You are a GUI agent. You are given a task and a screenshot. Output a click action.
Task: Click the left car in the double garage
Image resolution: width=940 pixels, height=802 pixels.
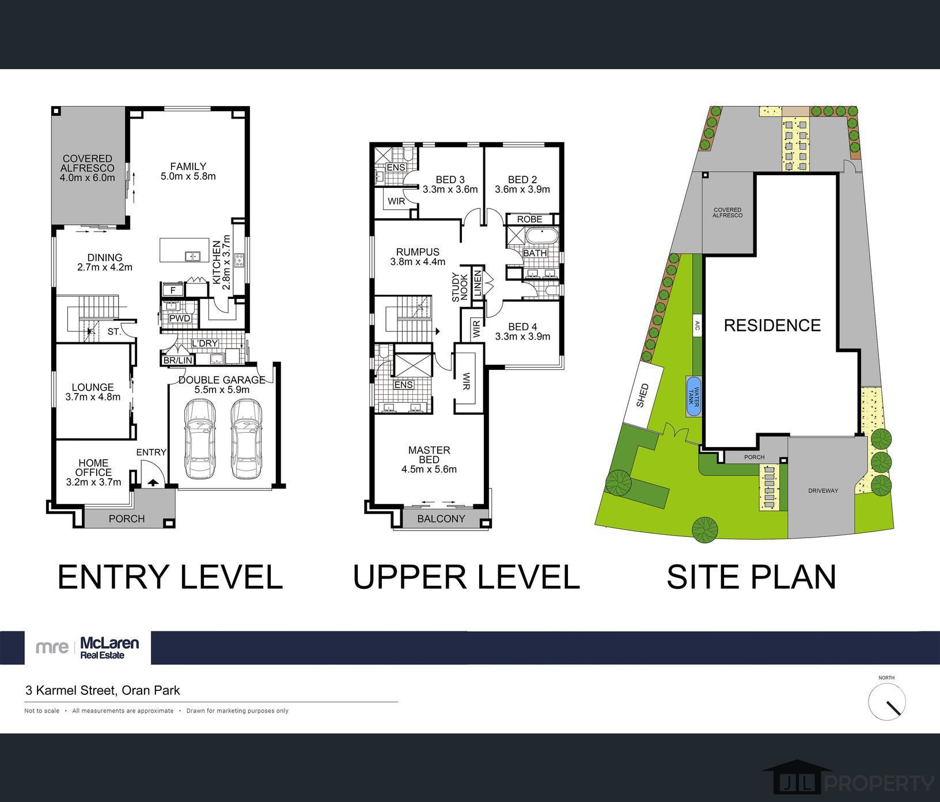click(x=200, y=439)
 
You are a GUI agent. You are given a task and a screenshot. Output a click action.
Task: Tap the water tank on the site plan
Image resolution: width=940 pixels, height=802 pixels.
click(x=693, y=396)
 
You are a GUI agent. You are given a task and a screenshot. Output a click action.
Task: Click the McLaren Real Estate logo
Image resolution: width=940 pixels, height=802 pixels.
click(x=88, y=647)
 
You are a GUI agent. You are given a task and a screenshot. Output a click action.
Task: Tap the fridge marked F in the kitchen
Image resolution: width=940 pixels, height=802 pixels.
click(x=172, y=290)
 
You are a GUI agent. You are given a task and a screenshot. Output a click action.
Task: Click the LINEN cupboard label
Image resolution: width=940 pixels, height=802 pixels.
click(x=477, y=282)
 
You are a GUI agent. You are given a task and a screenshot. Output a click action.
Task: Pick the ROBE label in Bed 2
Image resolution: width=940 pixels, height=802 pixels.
click(x=529, y=219)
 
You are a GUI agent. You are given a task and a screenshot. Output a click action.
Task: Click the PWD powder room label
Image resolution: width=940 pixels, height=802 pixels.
click(x=180, y=318)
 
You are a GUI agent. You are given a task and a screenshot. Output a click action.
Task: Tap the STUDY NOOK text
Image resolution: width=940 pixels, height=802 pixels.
click(x=460, y=287)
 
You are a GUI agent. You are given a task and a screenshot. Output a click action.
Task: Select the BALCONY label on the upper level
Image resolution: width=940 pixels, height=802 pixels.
click(x=441, y=519)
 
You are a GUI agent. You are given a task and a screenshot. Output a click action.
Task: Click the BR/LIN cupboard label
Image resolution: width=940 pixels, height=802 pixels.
click(x=178, y=360)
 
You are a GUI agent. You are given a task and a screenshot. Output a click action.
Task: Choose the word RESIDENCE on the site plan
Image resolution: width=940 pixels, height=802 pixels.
click(x=772, y=326)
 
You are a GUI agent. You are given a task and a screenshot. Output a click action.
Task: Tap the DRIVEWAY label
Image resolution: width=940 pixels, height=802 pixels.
click(x=823, y=491)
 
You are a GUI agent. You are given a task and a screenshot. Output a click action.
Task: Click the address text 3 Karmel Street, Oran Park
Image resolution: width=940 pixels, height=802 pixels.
click(x=103, y=690)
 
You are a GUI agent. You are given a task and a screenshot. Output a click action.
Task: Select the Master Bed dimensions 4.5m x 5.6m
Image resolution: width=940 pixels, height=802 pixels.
click(x=429, y=469)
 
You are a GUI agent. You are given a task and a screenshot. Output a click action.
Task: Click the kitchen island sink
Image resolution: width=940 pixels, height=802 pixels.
click(x=192, y=256)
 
